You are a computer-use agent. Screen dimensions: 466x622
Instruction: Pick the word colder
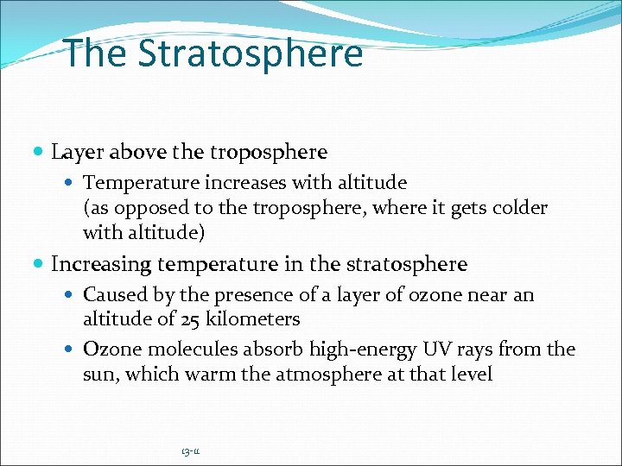520,208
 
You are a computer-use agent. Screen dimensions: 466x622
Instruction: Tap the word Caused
114,294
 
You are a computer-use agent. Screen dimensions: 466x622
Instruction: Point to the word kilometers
257,319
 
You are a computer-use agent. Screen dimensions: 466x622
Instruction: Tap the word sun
98,375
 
